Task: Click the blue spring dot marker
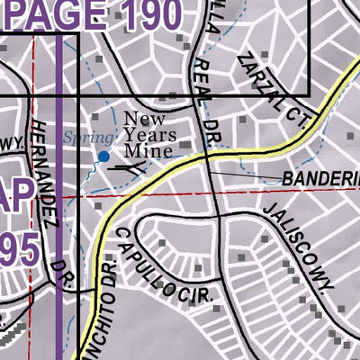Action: (x=103, y=157)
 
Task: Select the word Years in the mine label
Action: (x=148, y=135)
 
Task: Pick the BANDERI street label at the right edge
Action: (x=319, y=179)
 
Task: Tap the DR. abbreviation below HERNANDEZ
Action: (x=61, y=273)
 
